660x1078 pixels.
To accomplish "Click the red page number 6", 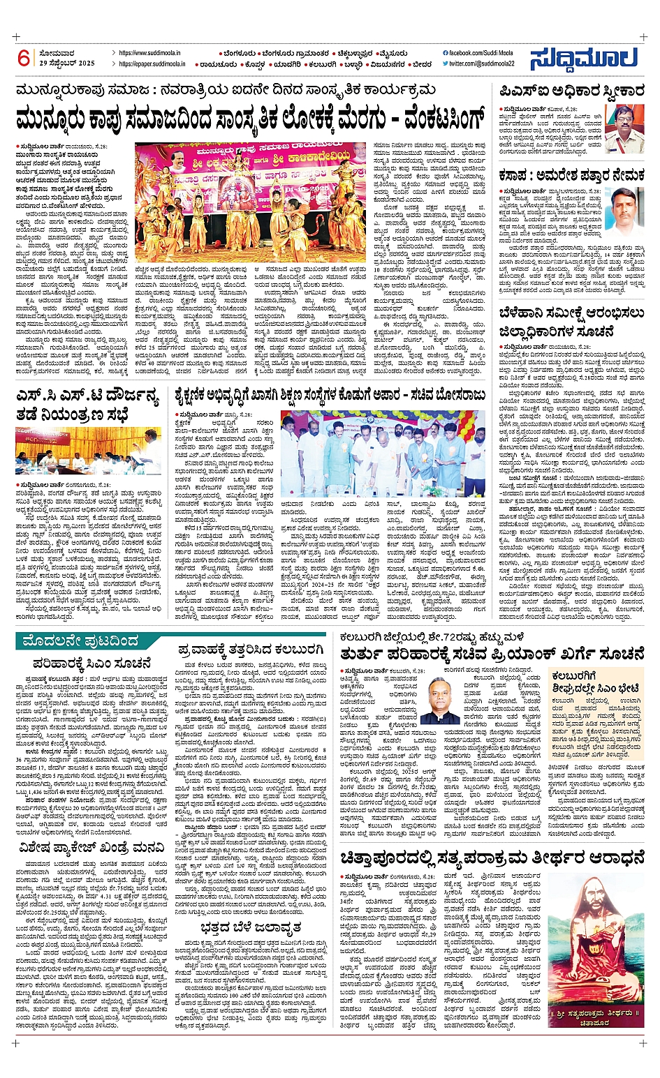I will pyautogui.click(x=24, y=58).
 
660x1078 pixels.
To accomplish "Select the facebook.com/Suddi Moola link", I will pyautogui.click(x=477, y=53).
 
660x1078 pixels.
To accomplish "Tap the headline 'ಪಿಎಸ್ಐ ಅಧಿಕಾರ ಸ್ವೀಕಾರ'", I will pyautogui.click(x=571, y=91).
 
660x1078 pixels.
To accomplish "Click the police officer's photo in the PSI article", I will pyautogui.click(x=623, y=128).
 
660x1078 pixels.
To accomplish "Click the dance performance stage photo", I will pyautogui.click(x=249, y=202).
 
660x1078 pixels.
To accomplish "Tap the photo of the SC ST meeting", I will pyautogui.click(x=88, y=451).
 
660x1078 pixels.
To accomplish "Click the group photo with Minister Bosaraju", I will pyautogui.click(x=382, y=454).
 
